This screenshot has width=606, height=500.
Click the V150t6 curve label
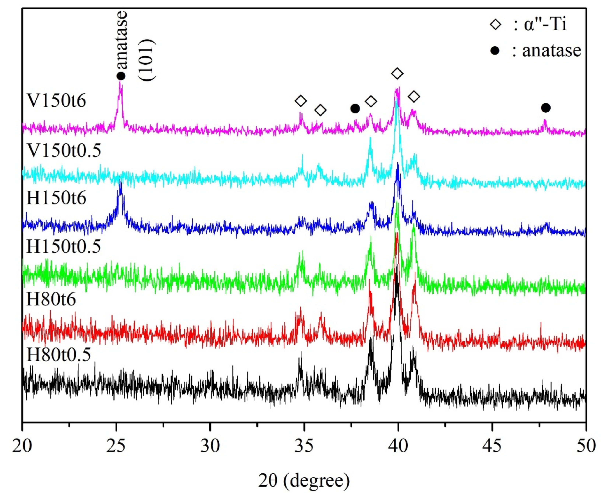pyautogui.click(x=56, y=101)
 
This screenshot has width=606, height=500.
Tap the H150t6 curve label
pyautogui.click(x=56, y=198)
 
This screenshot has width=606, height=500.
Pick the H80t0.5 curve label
pyautogui.click(x=59, y=354)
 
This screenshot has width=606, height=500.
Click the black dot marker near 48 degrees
pyautogui.click(x=545, y=108)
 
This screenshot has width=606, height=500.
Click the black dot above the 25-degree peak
pyautogui.click(x=121, y=76)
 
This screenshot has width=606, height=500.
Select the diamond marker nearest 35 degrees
pyautogui.click(x=301, y=101)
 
